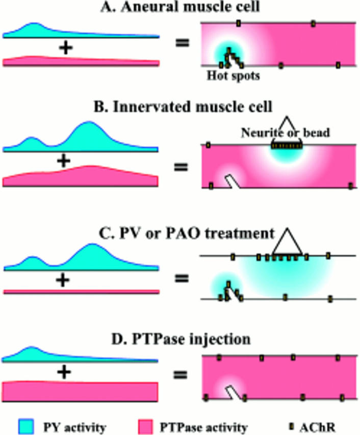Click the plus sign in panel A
pyautogui.click(x=65, y=48)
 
